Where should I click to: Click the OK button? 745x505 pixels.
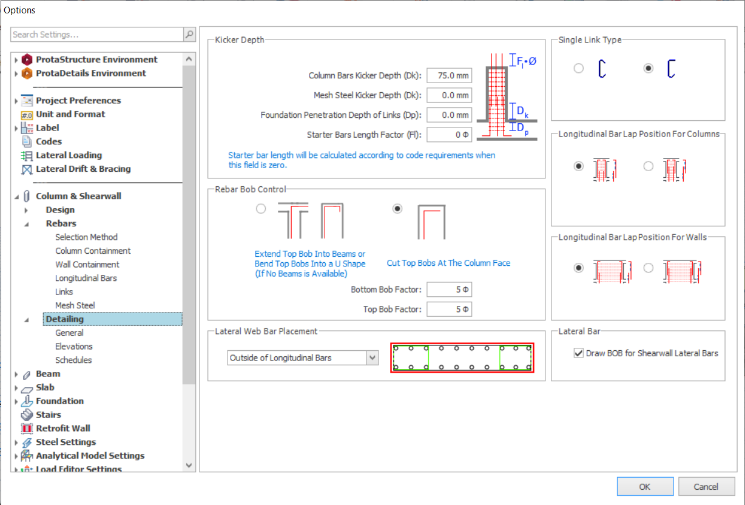click(645, 486)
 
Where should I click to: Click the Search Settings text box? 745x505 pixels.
click(97, 35)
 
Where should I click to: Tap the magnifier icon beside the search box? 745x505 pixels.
click(189, 35)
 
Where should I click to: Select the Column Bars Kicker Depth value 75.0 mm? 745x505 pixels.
click(449, 75)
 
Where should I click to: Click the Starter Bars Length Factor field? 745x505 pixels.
click(449, 135)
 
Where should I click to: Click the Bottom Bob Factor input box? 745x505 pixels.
click(449, 290)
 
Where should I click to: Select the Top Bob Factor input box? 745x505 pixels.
click(449, 309)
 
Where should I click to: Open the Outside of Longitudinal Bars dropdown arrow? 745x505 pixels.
click(373, 358)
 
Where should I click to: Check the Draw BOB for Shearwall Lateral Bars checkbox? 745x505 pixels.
click(579, 353)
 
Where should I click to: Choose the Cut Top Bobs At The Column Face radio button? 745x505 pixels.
click(397, 209)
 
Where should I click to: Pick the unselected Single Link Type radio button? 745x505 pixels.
click(579, 68)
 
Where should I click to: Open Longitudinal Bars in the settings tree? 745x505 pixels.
click(86, 278)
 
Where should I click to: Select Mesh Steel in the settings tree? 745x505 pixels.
click(75, 305)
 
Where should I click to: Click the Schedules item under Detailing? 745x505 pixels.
click(73, 360)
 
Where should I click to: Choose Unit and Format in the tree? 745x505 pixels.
click(70, 114)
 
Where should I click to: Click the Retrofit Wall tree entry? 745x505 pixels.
click(63, 428)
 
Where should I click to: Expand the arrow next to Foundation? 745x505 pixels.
click(16, 401)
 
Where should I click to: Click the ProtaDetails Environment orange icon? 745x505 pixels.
click(27, 73)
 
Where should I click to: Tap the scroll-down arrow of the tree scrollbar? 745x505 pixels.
click(189, 465)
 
